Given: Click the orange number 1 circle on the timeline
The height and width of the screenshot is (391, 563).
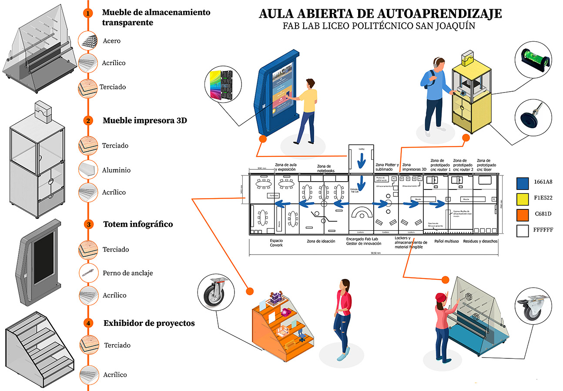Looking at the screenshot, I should pyautogui.click(x=88, y=13).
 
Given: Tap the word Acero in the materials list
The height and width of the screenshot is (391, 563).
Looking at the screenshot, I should pyautogui.click(x=112, y=41).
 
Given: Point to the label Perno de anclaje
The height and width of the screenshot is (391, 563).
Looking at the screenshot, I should pyautogui.click(x=127, y=273).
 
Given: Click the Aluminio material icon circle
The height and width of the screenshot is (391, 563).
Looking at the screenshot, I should pyautogui.click(x=88, y=170).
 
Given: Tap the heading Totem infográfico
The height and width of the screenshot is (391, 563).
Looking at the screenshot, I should pyautogui.click(x=138, y=224).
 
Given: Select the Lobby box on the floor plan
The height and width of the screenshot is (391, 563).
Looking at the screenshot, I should pyautogui.click(x=361, y=156).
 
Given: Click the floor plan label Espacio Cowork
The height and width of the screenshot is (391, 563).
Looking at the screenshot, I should pyautogui.click(x=276, y=242).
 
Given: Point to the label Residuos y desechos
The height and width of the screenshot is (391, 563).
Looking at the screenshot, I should pyautogui.click(x=480, y=241).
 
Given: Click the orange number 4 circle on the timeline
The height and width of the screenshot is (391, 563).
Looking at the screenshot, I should pyautogui.click(x=88, y=323).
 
